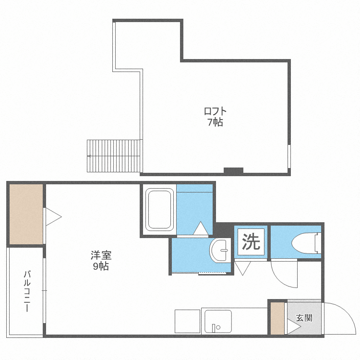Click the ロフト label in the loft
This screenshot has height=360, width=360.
[x=215, y=111]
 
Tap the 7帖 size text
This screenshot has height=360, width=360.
[x=216, y=122]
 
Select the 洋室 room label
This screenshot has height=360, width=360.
[x=101, y=255]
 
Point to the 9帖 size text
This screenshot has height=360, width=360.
[x=101, y=266]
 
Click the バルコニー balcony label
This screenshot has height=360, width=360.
[x=27, y=291]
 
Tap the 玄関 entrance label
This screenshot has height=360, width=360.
[x=304, y=318]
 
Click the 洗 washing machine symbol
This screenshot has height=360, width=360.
[x=251, y=242]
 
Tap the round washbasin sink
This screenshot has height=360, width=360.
[x=220, y=250]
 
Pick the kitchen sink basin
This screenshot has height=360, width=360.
[x=218, y=322]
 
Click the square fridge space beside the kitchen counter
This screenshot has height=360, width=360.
[x=187, y=321]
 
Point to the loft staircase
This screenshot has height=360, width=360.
[x=114, y=156]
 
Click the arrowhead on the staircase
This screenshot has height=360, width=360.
[x=89, y=156]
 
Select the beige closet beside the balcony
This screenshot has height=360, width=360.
[x=26, y=214]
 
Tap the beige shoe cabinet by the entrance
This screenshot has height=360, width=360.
[x=277, y=318]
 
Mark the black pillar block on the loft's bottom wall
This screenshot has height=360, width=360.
[x=233, y=170]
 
